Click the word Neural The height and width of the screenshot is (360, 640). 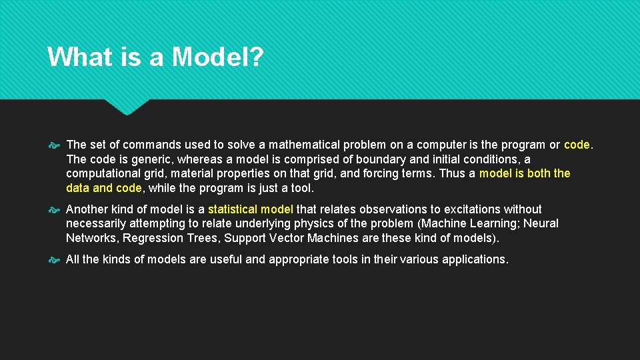click(541, 223)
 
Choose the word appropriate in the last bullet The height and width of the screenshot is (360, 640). click(301, 259)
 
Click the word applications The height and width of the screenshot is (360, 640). click(475, 259)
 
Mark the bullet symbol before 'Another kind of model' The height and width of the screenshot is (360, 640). click(55, 209)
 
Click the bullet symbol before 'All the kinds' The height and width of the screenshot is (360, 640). click(55, 259)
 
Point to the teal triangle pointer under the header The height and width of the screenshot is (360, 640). click(127, 107)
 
